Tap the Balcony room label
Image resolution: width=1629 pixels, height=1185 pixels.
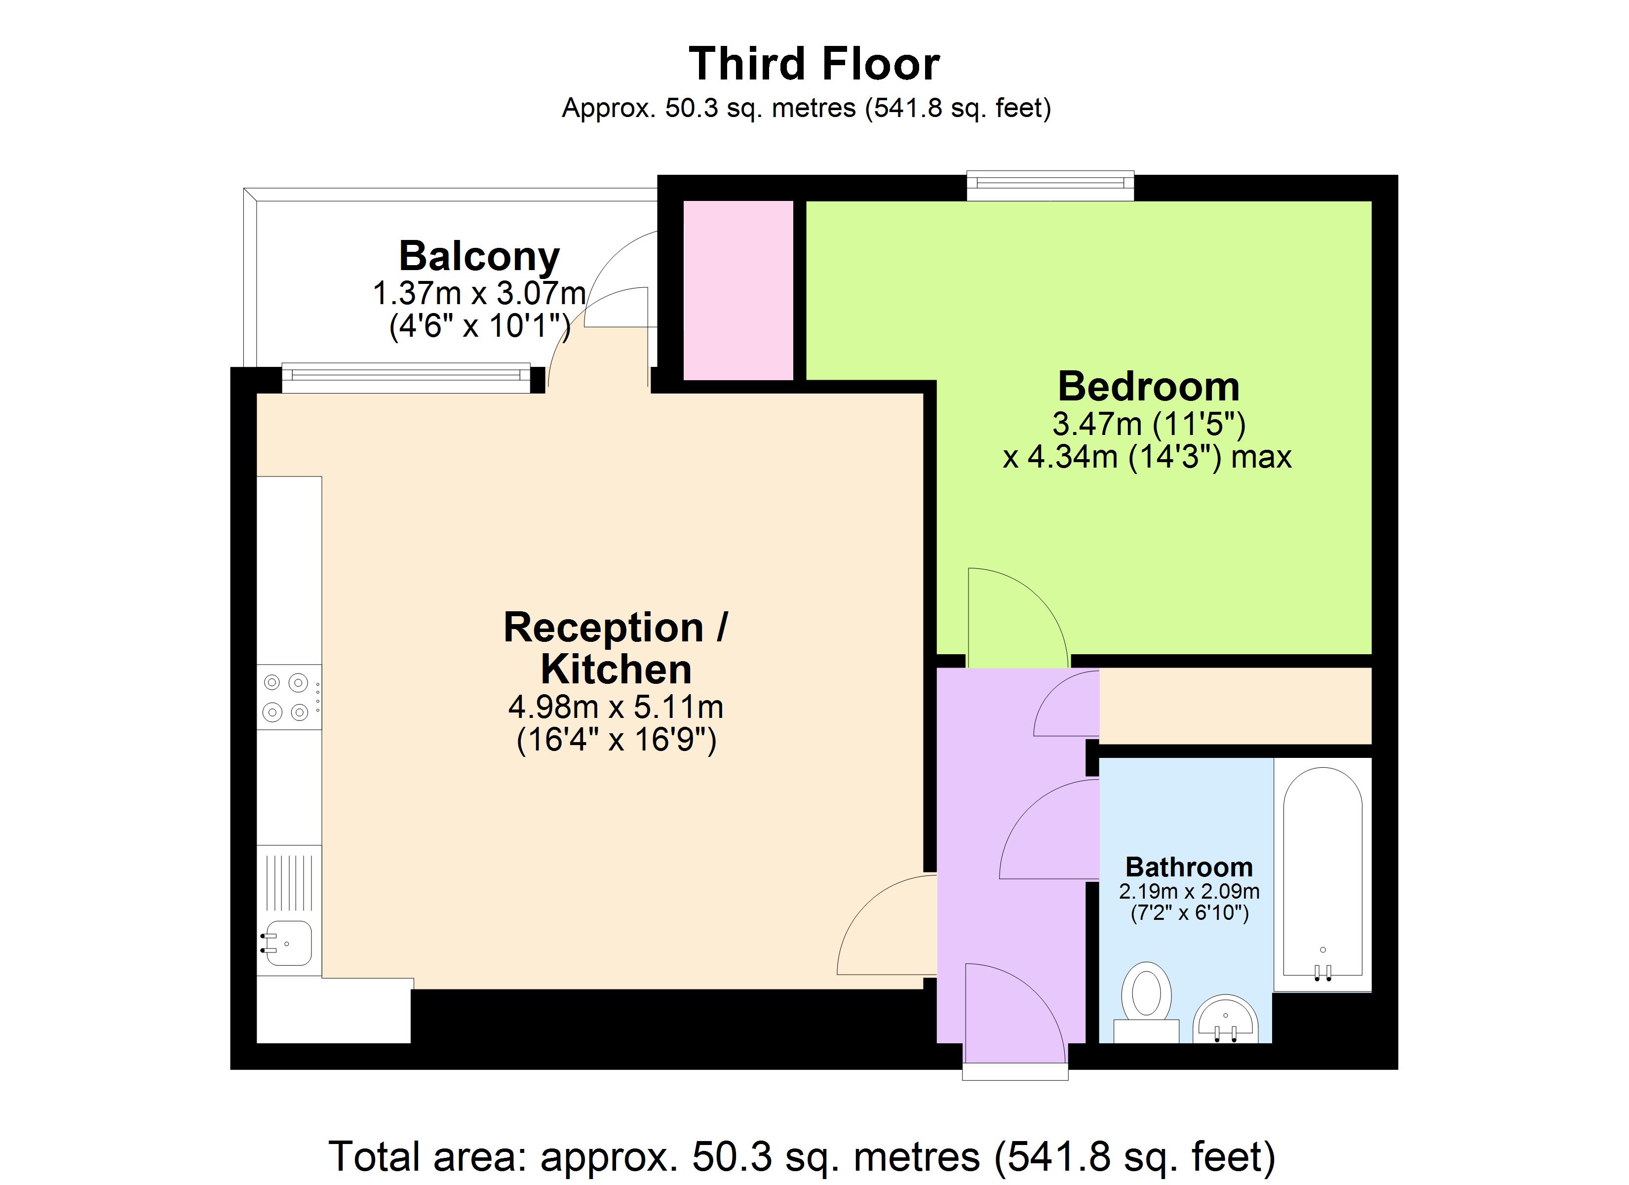(479, 257)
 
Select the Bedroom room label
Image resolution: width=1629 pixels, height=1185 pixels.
(1148, 387)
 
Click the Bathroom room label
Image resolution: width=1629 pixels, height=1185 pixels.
(1189, 868)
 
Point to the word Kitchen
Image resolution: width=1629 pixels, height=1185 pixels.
(616, 670)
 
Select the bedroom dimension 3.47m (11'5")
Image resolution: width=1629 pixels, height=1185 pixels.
(1148, 424)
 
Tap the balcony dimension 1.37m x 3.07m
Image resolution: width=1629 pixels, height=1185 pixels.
(479, 293)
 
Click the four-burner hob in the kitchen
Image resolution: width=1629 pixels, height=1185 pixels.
(287, 697)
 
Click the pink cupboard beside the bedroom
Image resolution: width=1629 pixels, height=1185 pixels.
(737, 290)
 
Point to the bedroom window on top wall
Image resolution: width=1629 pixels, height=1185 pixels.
(1049, 186)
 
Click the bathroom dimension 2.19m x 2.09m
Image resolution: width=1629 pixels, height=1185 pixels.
(1189, 892)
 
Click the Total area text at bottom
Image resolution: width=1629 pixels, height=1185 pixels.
(801, 1157)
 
